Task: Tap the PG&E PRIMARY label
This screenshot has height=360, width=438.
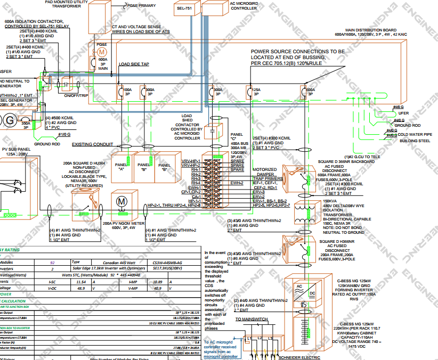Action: pos(141,5)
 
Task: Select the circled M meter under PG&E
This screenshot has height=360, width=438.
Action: pos(102,51)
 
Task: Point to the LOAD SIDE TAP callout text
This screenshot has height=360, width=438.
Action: pos(134,64)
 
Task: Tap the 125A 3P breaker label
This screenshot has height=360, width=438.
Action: pos(256,92)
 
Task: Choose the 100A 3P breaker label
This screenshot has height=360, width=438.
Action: pos(127,92)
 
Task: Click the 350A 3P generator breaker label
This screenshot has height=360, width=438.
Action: pos(25,126)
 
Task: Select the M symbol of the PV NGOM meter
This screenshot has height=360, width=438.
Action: pos(120,201)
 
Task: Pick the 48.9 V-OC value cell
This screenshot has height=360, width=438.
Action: pos(82,288)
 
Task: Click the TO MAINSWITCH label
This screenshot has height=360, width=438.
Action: pos(252,319)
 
